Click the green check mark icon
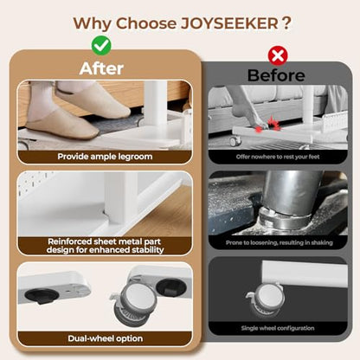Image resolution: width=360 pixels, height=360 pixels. [101, 46]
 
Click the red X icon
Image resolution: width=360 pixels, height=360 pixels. [278, 55]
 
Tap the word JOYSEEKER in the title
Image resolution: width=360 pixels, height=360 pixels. [229, 23]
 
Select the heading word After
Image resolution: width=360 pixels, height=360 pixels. [101, 68]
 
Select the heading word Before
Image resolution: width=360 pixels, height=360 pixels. [276, 75]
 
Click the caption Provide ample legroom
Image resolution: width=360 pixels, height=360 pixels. [105, 157]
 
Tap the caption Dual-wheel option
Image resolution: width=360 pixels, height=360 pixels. [106, 338]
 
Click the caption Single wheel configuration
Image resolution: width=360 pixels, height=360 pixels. [278, 328]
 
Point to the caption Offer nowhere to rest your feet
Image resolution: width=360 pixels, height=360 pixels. [278, 157]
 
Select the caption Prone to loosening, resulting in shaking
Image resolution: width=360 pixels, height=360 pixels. [280, 242]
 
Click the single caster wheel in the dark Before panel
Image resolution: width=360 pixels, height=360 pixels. [266, 300]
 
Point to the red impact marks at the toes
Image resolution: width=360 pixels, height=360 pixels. [267, 125]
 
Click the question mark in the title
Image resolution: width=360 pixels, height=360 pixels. [286, 23]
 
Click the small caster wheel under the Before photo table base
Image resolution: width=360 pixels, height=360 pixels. [235, 141]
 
